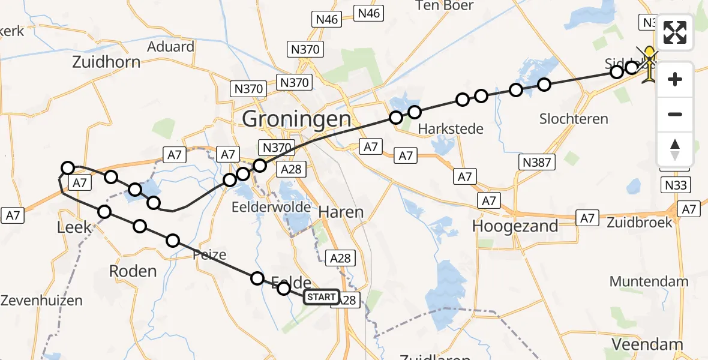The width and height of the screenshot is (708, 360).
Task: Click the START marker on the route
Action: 322,297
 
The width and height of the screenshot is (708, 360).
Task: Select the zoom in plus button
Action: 675,79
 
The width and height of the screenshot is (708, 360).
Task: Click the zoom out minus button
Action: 675,114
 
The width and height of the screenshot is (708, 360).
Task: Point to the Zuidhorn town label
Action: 106,62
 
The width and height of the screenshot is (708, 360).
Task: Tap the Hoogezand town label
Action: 515,226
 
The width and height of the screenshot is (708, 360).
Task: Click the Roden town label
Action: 133,271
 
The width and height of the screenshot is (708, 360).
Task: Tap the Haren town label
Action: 341,212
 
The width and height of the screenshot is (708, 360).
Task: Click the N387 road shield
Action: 536,161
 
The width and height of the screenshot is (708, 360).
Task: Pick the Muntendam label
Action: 649,281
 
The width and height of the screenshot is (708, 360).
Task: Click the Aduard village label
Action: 170,47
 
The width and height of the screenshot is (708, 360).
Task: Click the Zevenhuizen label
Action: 41,301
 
